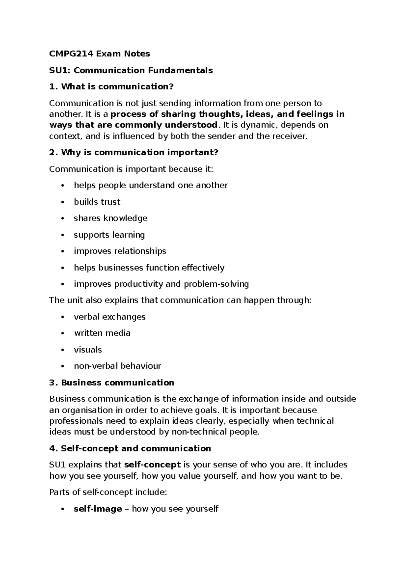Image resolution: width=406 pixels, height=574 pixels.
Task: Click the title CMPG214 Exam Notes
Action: [99, 53]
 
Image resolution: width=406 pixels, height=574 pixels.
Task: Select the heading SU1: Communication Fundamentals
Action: [131, 70]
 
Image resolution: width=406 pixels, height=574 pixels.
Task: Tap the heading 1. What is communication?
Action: [111, 87]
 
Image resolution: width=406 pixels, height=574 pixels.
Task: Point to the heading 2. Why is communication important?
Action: [134, 153]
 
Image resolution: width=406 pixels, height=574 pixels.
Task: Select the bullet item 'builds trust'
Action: [97, 202]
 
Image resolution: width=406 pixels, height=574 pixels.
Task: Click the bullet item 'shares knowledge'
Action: [110, 218]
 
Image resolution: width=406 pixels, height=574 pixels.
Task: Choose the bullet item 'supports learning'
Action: [109, 235]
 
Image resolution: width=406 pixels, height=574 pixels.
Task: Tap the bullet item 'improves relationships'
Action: [120, 251]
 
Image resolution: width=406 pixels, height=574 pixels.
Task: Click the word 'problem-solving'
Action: [216, 284]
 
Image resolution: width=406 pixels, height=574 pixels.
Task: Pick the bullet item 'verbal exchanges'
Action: [110, 317]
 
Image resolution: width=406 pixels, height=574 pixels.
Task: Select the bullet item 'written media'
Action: [102, 333]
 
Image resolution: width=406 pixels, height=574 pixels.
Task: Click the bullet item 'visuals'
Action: [88, 350]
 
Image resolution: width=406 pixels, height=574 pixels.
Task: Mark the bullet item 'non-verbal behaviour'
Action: [117, 366]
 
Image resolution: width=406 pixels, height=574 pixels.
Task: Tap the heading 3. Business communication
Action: [112, 383]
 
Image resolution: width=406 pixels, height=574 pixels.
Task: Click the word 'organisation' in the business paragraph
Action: [88, 410]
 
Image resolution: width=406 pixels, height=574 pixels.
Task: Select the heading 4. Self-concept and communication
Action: [130, 448]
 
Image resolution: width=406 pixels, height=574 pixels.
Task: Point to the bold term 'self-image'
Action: [98, 509]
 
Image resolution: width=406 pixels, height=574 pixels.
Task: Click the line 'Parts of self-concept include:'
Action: [108, 492]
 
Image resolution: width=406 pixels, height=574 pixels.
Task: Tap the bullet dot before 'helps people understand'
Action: [62, 185]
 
